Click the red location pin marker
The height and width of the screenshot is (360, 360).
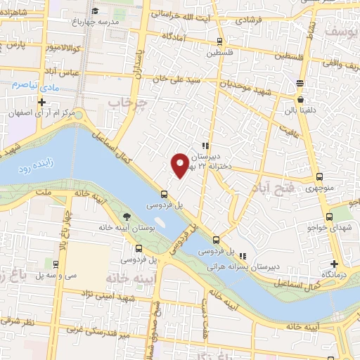pyautogui.click(x=181, y=165)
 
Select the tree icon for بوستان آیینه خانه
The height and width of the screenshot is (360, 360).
pyautogui.click(x=127, y=217)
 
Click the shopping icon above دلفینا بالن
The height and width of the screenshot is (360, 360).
pyautogui.click(x=300, y=83)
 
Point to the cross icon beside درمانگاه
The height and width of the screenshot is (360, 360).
pyautogui.click(x=334, y=264)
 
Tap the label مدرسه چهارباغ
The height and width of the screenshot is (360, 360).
pyautogui.click(x=115, y=22)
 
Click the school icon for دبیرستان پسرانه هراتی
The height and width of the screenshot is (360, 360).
pyautogui.click(x=243, y=256)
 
